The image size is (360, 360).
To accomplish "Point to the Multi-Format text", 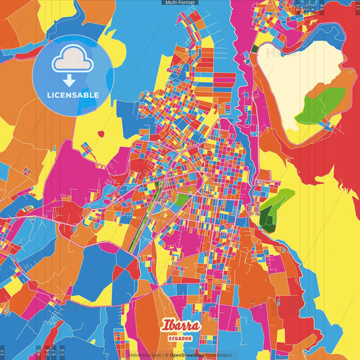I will (x=180, y=3).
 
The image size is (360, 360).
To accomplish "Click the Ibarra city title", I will (x=180, y=325).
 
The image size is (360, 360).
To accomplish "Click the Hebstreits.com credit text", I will (x=144, y=355).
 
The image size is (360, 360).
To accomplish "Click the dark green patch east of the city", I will (x=269, y=214).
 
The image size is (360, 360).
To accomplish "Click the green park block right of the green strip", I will (x=180, y=200).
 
